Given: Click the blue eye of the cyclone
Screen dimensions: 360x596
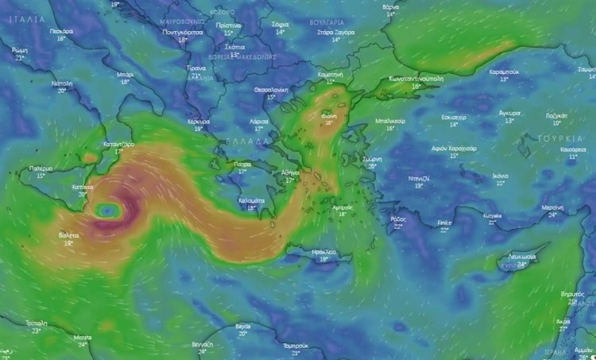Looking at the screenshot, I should coord(107,211).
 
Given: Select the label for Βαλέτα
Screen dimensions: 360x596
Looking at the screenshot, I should coord(69,235).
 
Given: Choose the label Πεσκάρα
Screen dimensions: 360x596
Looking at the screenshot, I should coord(61,31).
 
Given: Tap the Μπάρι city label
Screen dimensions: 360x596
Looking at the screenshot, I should coord(126,74).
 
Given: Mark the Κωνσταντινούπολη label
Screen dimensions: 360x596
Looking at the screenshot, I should coord(416,79).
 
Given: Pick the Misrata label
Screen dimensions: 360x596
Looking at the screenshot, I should coord(82,337).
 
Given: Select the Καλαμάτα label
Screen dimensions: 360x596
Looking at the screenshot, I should coord(252,200).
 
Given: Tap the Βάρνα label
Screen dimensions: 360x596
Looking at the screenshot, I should coord(390,6).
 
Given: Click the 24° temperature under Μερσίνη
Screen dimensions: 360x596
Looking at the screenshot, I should coord(553,214).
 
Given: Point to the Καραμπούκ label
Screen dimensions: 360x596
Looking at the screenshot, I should coord(504,72).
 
